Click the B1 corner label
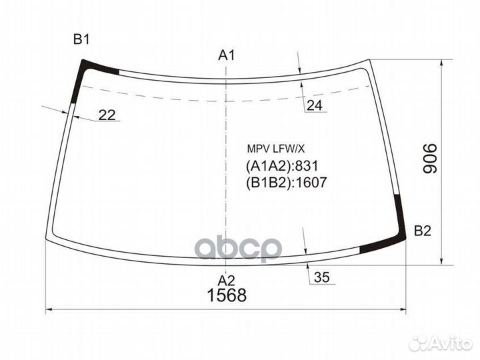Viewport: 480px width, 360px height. (x=81, y=40)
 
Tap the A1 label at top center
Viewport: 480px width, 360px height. (x=227, y=56)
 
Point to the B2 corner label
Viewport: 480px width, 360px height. (x=423, y=231)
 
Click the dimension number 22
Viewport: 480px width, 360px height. (x=107, y=115)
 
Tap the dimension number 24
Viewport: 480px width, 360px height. (x=315, y=105)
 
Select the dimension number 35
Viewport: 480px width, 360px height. (x=321, y=278)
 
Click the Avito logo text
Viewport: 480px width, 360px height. (x=446, y=342)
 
